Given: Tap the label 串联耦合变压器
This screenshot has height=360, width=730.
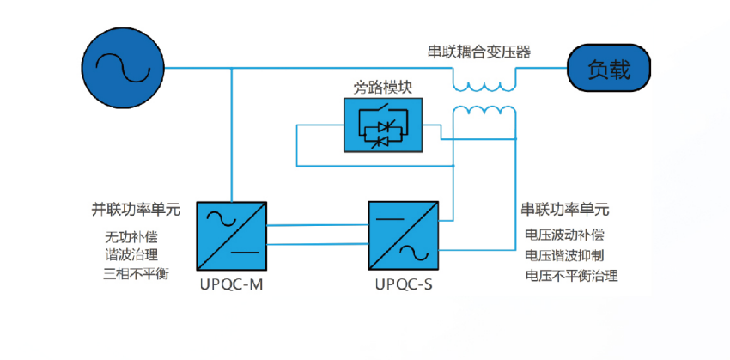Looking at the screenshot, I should (478, 51).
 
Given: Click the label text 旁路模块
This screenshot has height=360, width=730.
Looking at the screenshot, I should (383, 88).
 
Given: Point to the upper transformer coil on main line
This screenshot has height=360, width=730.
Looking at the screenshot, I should (484, 83).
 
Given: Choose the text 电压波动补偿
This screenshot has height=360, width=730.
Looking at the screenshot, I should (564, 235).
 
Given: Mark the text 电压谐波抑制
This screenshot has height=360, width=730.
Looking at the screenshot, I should (564, 255).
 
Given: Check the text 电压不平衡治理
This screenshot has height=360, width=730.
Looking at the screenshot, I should (571, 276).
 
